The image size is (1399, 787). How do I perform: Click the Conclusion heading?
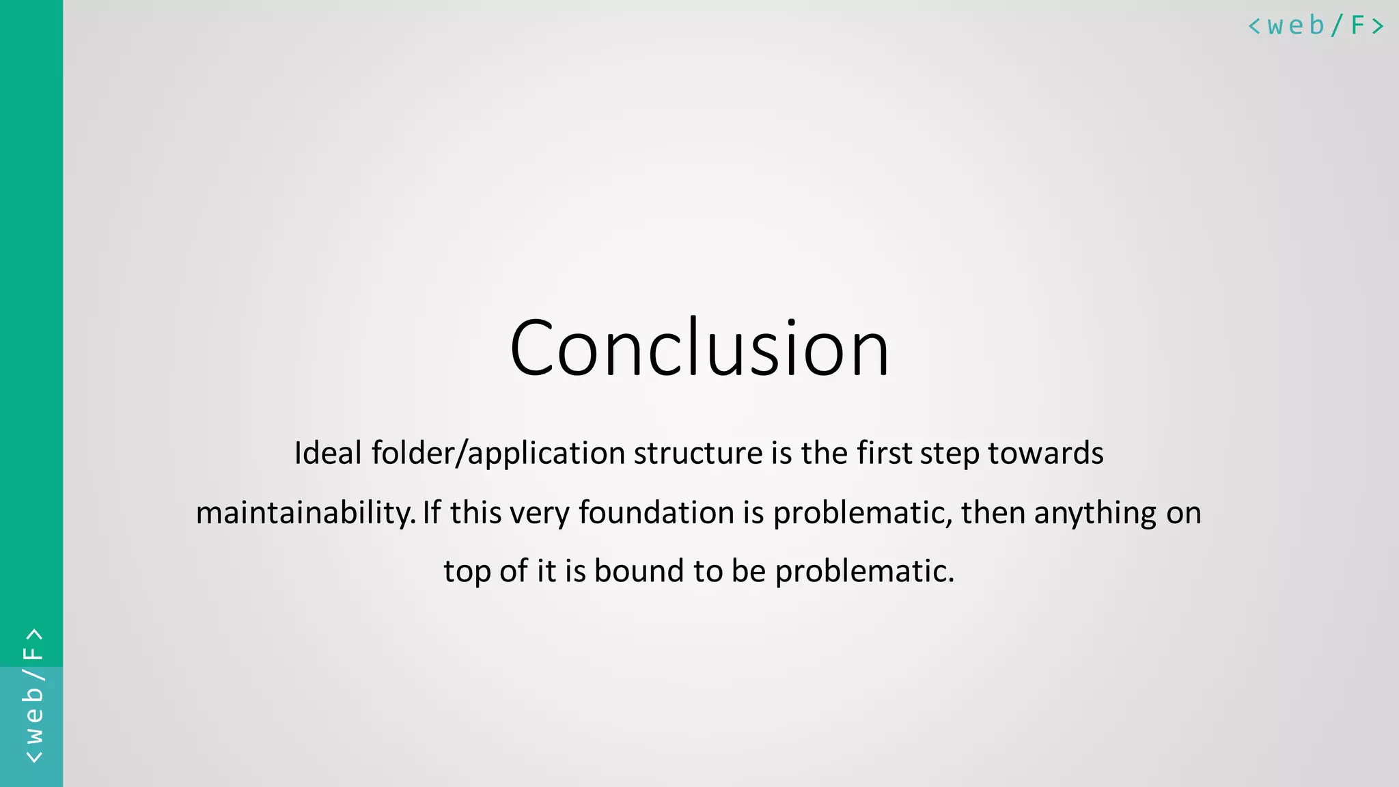[699, 348]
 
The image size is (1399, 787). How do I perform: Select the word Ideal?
[328, 453]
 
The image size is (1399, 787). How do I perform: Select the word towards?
[1045, 453]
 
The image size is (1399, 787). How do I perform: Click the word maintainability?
[305, 513]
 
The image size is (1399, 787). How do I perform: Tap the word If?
[432, 512]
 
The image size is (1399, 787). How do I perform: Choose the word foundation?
[656, 512]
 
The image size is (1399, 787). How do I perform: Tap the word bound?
[639, 571]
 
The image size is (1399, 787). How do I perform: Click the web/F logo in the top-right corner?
[1316, 26]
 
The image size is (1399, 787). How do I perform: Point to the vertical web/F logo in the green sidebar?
[33, 695]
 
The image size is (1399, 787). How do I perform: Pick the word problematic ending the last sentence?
[864, 571]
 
